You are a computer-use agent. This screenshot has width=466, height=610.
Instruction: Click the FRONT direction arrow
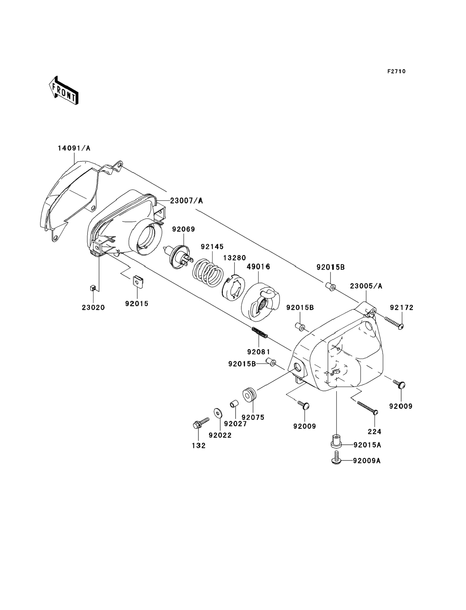click(x=64, y=90)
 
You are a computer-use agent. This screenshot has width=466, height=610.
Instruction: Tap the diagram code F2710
click(x=396, y=71)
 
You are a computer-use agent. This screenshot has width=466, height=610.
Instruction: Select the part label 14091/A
click(x=74, y=148)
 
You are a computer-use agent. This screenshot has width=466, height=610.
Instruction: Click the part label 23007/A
click(x=187, y=200)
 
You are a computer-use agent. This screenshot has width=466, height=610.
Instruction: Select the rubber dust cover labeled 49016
click(x=260, y=302)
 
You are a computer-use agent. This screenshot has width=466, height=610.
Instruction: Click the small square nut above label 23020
click(x=93, y=288)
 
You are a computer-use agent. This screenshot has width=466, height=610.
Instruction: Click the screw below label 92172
click(x=394, y=323)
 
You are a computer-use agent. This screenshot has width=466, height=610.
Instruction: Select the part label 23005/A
click(x=366, y=286)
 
